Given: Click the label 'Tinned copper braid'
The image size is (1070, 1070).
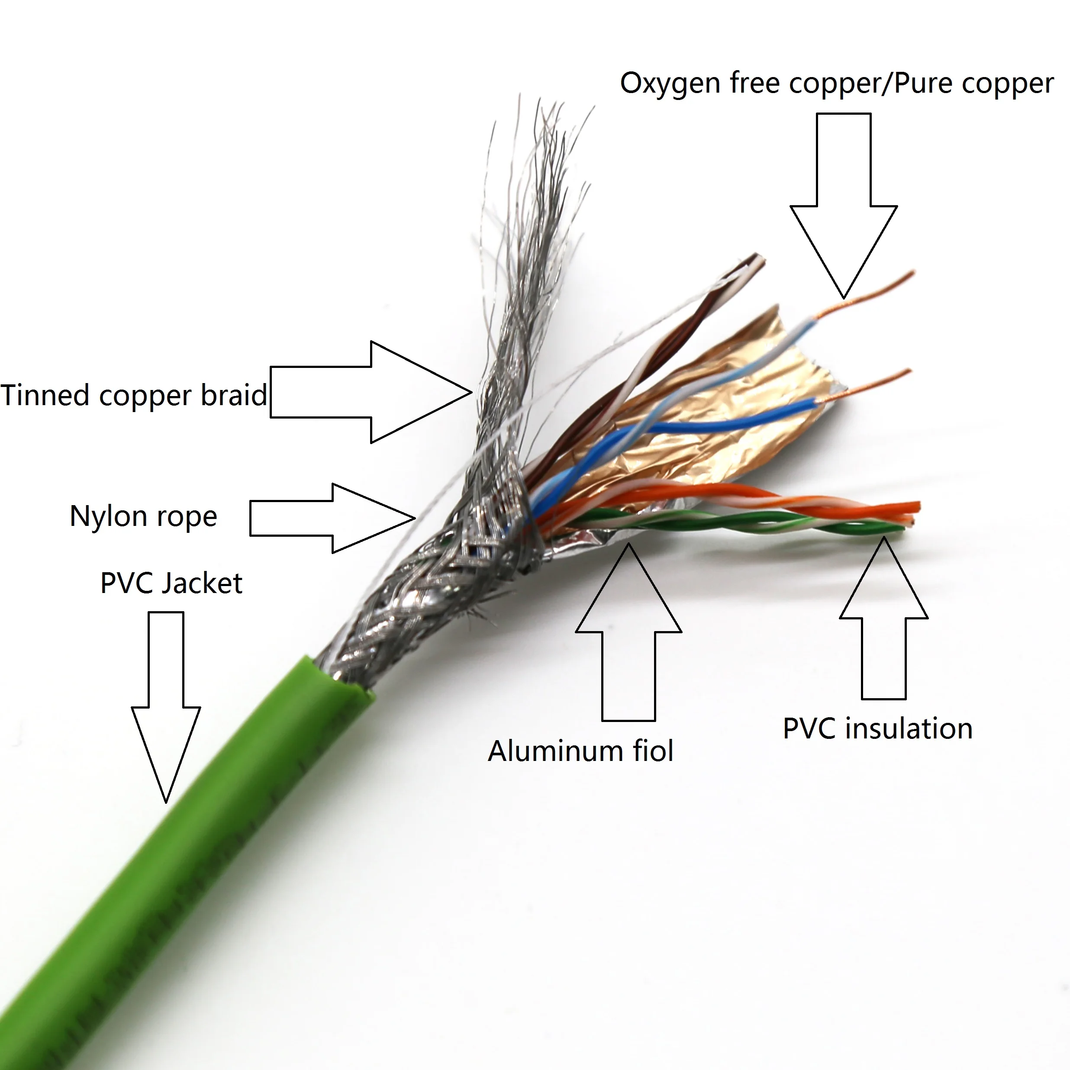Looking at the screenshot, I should pyautogui.click(x=133, y=396).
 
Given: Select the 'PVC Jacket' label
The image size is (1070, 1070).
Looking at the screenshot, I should pyautogui.click(x=171, y=583).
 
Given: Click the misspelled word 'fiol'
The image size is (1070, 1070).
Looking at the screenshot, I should pyautogui.click(x=651, y=751).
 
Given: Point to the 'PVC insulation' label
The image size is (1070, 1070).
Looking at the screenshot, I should pyautogui.click(x=877, y=729).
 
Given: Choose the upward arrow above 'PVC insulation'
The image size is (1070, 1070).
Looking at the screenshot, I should pyautogui.click(x=884, y=620).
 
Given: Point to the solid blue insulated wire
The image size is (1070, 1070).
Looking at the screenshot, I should pyautogui.click(x=720, y=424).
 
